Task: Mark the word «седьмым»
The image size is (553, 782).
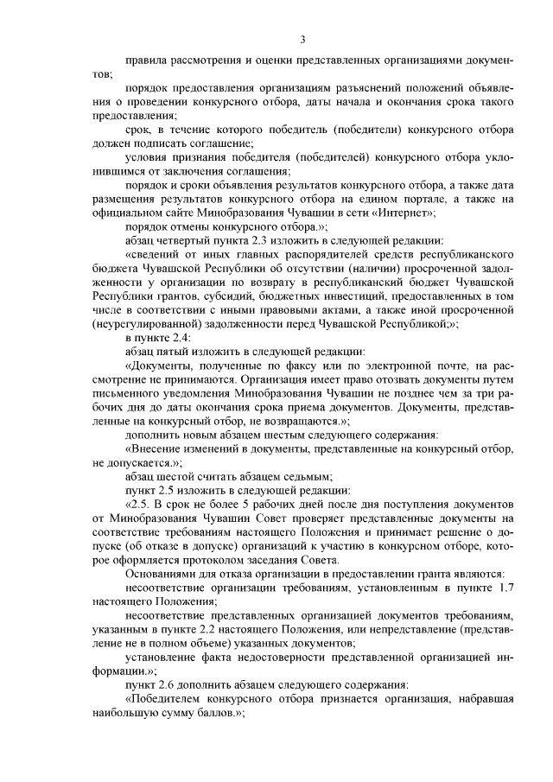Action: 308,474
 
